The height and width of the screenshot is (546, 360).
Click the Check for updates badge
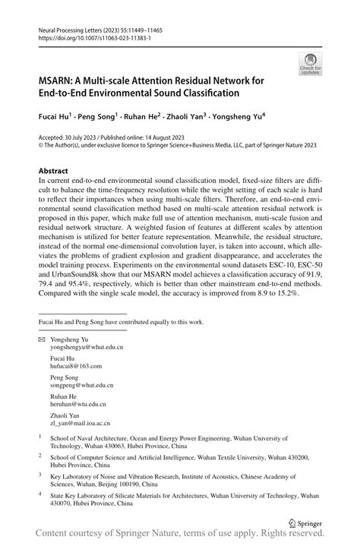pyautogui.click(x=309, y=65)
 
